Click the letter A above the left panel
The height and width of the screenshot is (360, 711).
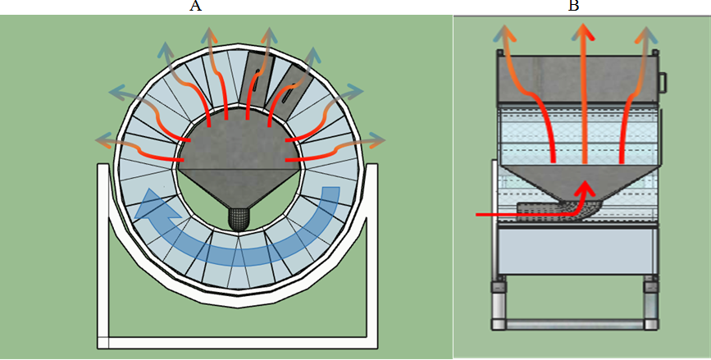196,7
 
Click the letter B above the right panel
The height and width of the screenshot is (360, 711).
574,7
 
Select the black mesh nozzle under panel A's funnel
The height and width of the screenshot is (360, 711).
238,216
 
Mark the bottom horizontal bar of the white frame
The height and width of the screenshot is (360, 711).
238,344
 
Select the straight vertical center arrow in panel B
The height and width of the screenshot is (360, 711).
584,98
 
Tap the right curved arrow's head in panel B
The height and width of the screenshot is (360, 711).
648,34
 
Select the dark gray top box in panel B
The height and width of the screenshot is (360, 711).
578,78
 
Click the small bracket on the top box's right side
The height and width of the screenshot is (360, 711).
665,82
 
